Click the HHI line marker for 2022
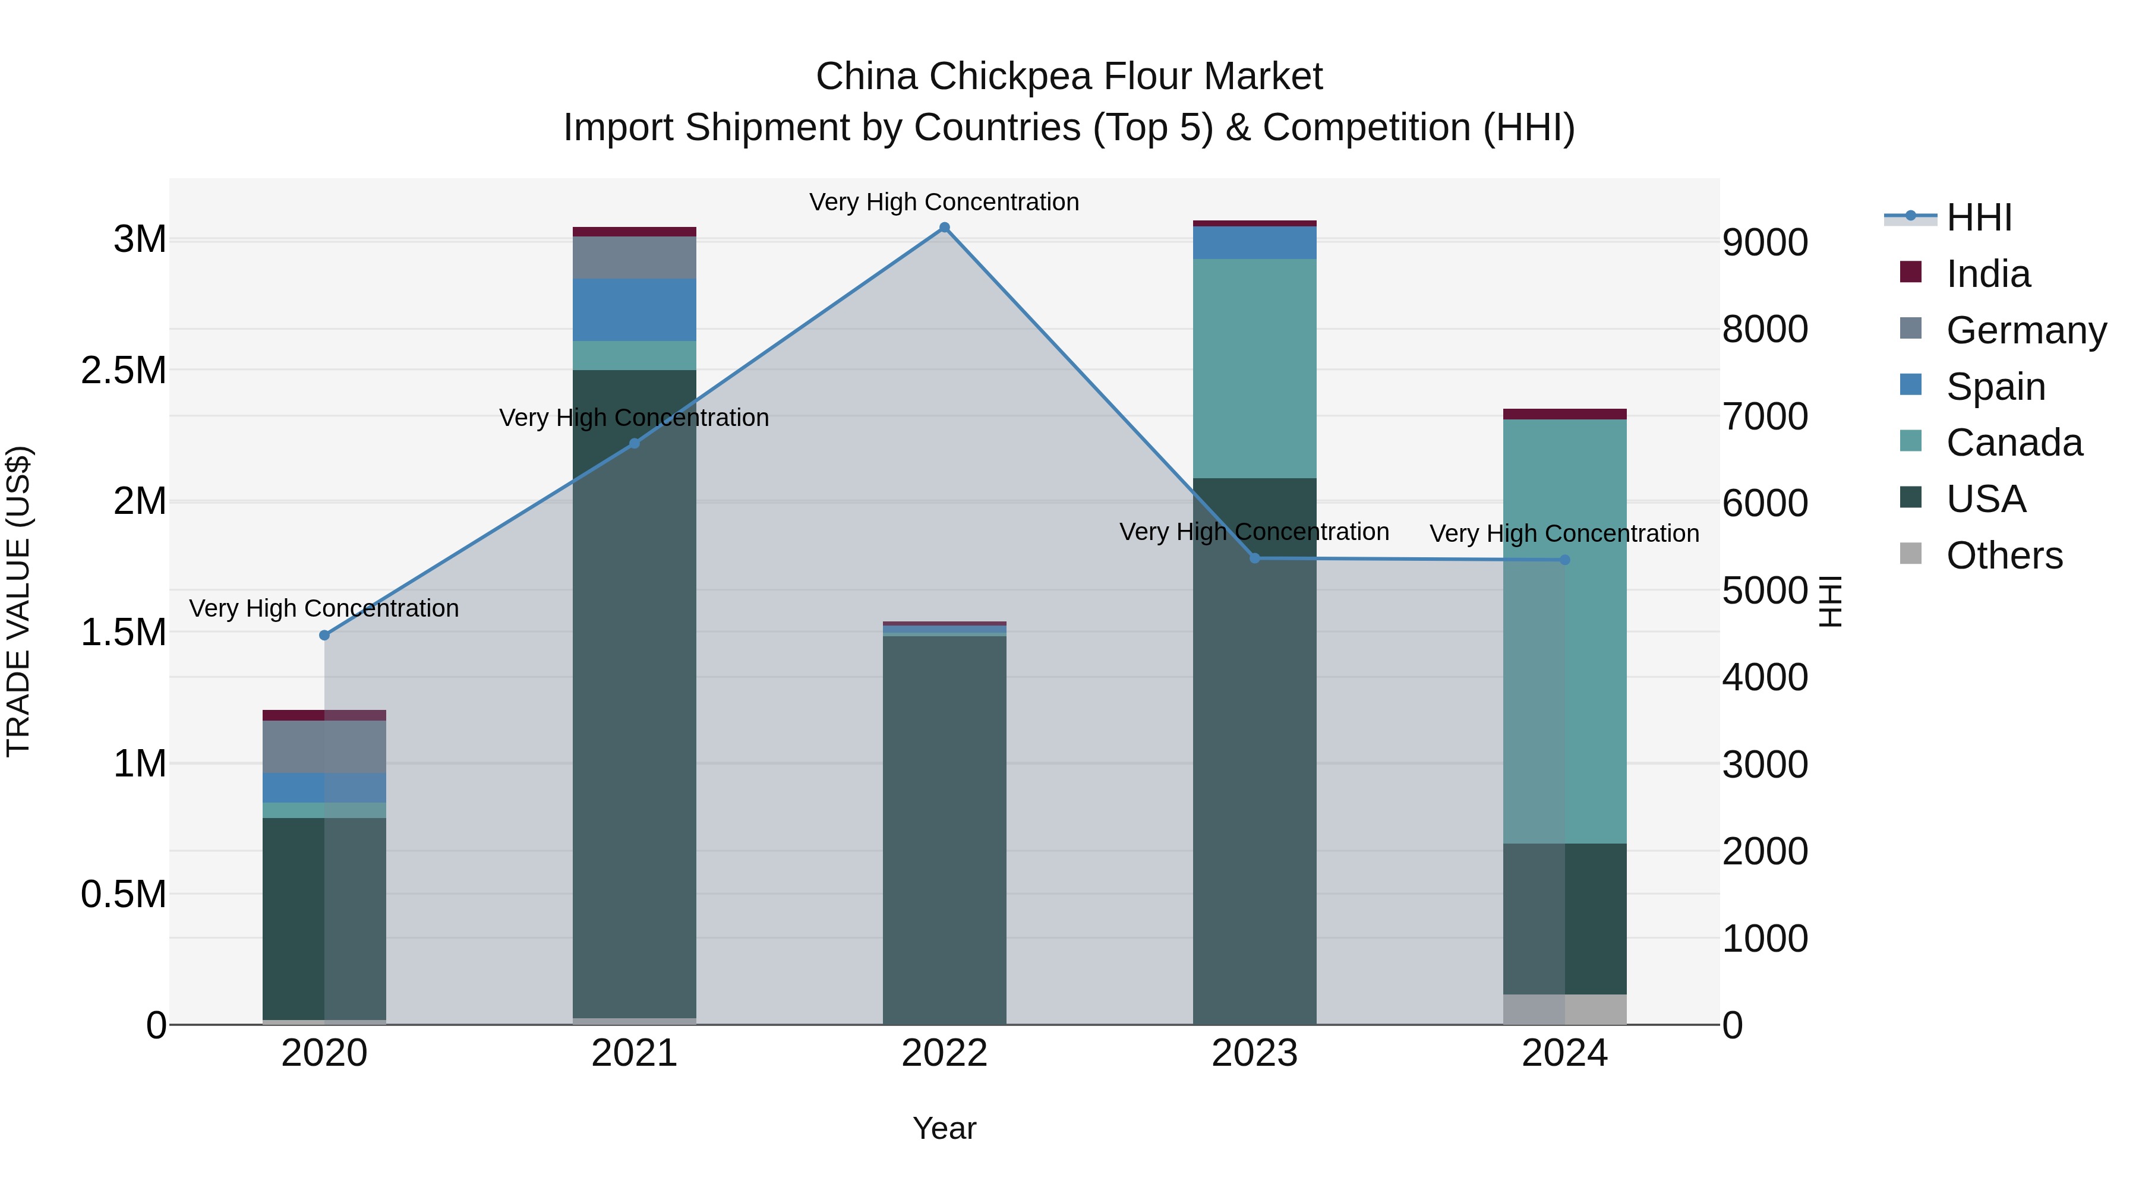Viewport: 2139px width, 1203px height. [x=944, y=228]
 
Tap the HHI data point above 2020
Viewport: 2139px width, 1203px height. [x=324, y=635]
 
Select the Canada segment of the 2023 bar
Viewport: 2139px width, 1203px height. [x=1255, y=368]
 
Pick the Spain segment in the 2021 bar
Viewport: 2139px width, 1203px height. [x=635, y=310]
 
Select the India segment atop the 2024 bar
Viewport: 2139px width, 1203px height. [x=1564, y=414]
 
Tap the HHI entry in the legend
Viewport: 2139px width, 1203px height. [x=1978, y=217]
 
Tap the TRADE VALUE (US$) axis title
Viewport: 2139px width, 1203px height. [x=18, y=601]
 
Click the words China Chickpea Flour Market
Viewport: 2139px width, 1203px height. [x=1069, y=77]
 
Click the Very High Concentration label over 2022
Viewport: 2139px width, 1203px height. [x=944, y=202]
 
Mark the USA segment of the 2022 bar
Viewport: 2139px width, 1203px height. [x=944, y=831]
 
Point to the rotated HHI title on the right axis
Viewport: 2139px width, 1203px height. [x=1830, y=601]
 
